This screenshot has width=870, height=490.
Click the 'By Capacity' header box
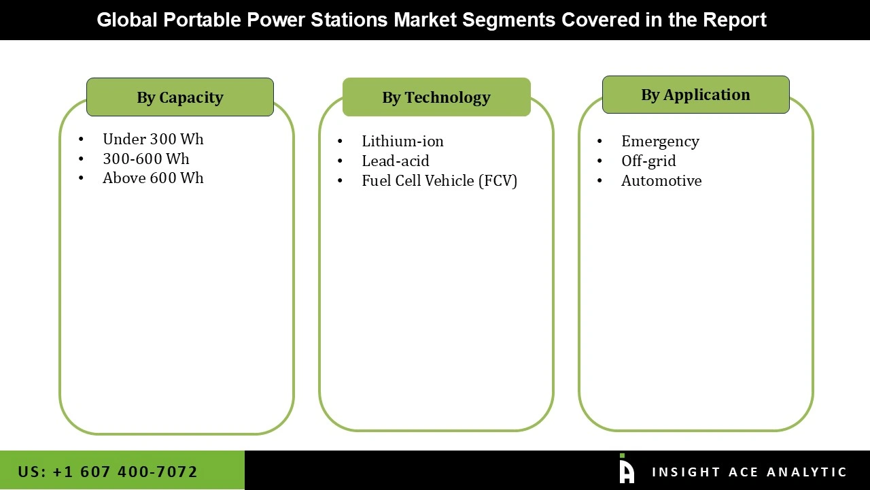pos(179,97)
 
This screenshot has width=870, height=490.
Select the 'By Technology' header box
pos(436,97)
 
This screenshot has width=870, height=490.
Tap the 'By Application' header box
pos(695,95)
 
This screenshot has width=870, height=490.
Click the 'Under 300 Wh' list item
pos(153,140)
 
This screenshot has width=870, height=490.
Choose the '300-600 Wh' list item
pos(146,159)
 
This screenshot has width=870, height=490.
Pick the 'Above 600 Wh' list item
pos(153,178)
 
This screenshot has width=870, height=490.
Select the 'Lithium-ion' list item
pos(402,142)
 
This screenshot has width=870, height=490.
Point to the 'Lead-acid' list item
pos(396,161)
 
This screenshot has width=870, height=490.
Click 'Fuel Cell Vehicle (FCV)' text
pos(439,181)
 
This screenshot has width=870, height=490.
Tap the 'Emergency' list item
pos(660,142)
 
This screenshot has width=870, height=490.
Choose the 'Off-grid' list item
pos(648,161)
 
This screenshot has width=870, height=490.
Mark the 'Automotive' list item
pos(661,181)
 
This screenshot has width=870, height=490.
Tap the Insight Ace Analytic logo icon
pos(627,469)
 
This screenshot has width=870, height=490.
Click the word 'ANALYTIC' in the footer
pos(807,472)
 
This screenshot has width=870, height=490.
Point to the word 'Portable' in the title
pos(202,20)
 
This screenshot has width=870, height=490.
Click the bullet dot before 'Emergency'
pos(599,142)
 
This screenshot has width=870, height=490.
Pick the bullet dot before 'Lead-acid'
pos(340,161)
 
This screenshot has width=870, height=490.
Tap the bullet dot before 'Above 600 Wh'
pos(81,178)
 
